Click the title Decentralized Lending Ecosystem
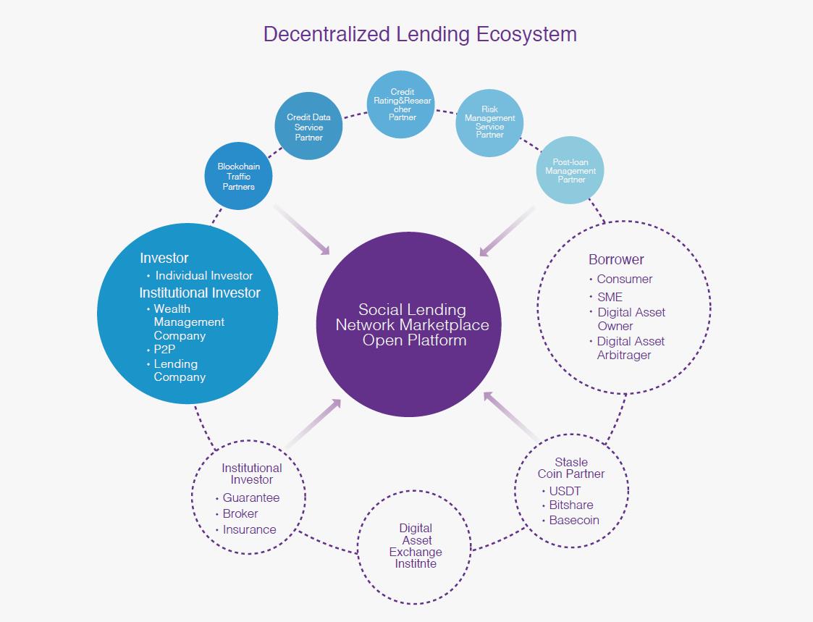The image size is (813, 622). coord(420,34)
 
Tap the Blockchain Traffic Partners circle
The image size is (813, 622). coord(239,176)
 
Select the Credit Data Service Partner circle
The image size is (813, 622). coord(308,127)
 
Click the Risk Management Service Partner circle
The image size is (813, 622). coord(489,122)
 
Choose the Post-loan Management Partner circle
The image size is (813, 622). coord(570,171)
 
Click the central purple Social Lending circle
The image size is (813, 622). coord(408,324)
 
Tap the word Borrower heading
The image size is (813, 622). coord(616,259)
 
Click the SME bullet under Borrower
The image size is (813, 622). coord(610,297)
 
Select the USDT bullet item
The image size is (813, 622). coord(565,491)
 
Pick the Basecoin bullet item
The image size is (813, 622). coord(573,520)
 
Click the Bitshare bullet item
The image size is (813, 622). coord(570,505)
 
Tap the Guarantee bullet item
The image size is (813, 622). coord(250,497)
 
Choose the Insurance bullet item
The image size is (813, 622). coord(249,529)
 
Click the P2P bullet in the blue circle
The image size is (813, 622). coord(164,350)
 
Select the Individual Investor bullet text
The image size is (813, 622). coord(204,275)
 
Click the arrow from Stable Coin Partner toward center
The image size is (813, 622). coord(510,416)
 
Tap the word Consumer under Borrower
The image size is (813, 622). coord(624,279)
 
